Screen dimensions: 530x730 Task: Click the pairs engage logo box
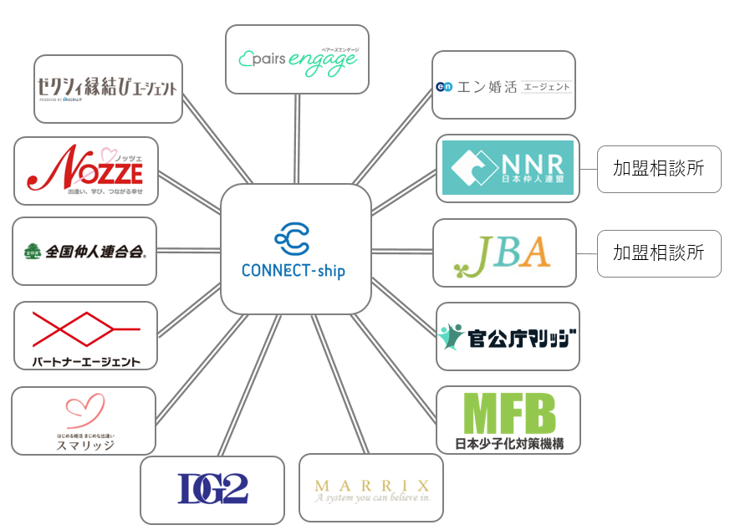297,59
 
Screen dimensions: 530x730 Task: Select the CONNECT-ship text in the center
294,271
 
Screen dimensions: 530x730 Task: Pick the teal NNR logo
508,168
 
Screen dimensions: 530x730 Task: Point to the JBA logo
503,252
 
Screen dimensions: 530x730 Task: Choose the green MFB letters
509,413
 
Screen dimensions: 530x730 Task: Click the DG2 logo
212,489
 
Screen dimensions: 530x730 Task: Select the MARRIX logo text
371,486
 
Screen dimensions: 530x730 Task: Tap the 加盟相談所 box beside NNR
659,169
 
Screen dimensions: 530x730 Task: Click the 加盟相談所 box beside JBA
659,252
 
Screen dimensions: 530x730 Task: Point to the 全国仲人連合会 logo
84,251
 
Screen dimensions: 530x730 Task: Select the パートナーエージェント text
85,362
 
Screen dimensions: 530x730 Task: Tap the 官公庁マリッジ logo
508,337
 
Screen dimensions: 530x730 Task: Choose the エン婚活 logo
503,86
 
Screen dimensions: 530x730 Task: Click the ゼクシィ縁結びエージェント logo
108,88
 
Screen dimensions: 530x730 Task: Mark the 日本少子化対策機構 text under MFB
509,443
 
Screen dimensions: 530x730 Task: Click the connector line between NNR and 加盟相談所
588,169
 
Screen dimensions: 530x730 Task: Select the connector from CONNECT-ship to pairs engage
296,139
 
